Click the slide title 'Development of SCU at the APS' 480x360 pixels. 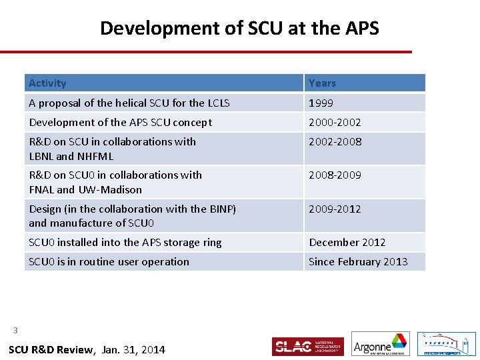(x=239, y=28)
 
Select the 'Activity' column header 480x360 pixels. (x=47, y=83)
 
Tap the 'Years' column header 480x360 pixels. (x=322, y=83)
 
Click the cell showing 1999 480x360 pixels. (x=321, y=103)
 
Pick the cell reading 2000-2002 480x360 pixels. (x=334, y=123)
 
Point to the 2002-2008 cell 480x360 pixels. (x=334, y=142)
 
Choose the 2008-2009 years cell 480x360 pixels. (x=334, y=175)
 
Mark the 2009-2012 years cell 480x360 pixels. (x=334, y=209)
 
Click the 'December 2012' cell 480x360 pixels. (x=347, y=243)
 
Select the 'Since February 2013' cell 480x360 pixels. (x=358, y=262)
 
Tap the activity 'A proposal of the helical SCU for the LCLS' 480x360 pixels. (x=129, y=103)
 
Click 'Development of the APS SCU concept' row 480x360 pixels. (x=121, y=123)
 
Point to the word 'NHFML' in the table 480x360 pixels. (x=95, y=157)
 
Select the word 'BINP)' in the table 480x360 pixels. (x=223, y=209)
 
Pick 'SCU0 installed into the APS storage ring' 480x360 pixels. (x=125, y=243)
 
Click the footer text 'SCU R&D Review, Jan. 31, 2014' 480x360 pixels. (x=87, y=350)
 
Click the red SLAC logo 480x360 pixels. (x=307, y=347)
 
